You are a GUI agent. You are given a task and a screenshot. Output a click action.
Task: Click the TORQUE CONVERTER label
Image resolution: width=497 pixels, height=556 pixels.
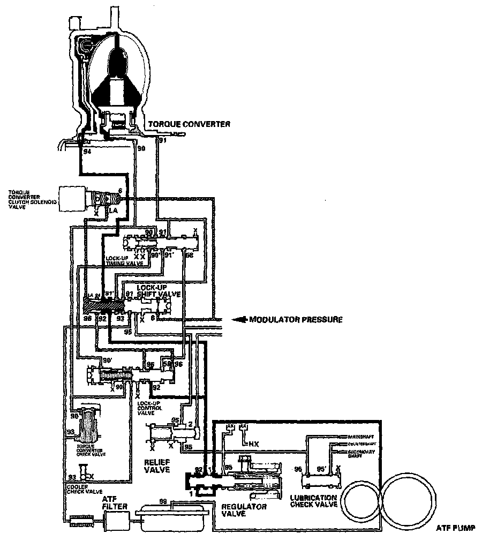(x=190, y=124)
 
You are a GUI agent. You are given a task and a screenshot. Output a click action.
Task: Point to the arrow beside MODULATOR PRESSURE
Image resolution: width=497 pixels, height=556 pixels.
(x=242, y=320)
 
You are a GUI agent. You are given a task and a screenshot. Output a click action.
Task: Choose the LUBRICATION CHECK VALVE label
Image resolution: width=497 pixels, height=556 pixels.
(x=313, y=501)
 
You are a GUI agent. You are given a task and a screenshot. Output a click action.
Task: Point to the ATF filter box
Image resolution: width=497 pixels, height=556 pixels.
(x=117, y=519)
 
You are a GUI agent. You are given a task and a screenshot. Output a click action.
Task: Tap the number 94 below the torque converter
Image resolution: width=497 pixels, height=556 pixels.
(x=88, y=152)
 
